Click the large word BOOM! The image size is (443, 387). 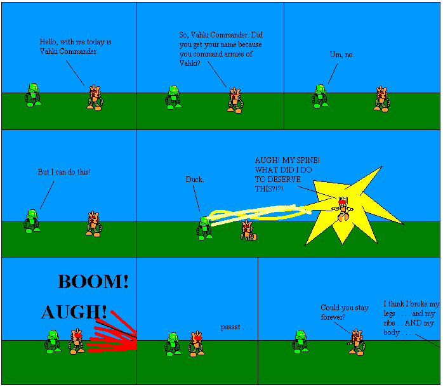click(x=93, y=282)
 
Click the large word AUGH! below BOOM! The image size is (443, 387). click(x=74, y=312)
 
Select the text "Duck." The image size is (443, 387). click(x=195, y=180)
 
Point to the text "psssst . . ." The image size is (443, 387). click(x=236, y=327)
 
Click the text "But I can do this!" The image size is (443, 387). click(x=64, y=172)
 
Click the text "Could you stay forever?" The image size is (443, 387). click(x=344, y=312)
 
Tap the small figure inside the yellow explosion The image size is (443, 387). click(x=343, y=209)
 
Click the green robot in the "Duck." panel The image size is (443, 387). click(x=204, y=228)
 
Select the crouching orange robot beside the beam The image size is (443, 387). click(x=248, y=230)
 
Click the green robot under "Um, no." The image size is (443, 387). click(x=321, y=96)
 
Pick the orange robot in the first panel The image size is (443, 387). click(x=95, y=98)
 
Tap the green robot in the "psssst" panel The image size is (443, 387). click(x=172, y=343)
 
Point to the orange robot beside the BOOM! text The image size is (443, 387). click(x=77, y=341)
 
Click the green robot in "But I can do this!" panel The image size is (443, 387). click(x=31, y=222)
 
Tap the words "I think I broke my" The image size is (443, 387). click(x=411, y=304)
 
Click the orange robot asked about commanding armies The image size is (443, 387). click(x=235, y=100)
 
